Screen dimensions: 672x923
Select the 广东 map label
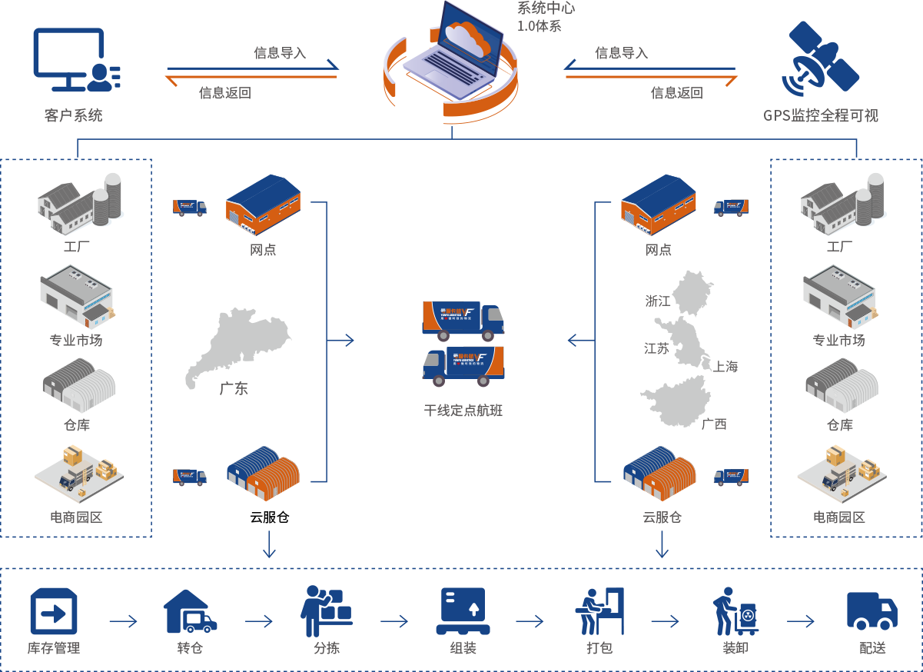click(234, 389)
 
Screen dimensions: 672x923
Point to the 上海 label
click(725, 367)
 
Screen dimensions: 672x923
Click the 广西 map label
click(714, 424)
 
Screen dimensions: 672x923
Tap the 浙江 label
click(659, 301)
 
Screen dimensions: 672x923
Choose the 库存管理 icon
click(54, 612)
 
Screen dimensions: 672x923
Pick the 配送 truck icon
click(872, 611)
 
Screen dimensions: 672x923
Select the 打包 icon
click(599, 611)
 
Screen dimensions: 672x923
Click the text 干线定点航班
click(463, 411)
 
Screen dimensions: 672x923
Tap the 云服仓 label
click(662, 517)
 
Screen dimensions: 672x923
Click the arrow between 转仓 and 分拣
click(259, 621)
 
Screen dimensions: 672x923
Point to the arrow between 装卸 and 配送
click(800, 621)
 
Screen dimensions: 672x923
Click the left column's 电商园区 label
click(76, 517)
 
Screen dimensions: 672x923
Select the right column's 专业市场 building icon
click(838, 294)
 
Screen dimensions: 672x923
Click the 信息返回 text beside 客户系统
click(224, 93)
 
